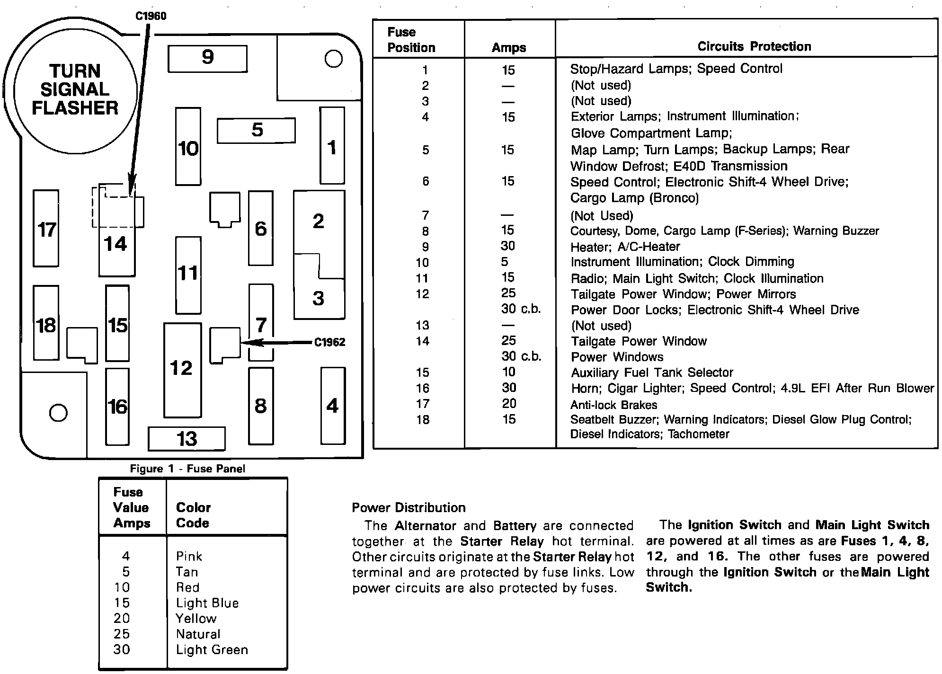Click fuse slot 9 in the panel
(207, 58)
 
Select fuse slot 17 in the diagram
(46, 229)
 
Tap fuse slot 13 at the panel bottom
(187, 439)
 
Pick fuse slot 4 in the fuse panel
(332, 406)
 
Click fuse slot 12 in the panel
(182, 369)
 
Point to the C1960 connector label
(151, 16)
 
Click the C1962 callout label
(329, 342)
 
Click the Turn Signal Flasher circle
(75, 90)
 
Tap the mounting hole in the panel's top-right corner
(334, 59)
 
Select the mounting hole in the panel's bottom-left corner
(58, 413)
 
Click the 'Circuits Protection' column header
(754, 46)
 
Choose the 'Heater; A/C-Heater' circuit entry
(625, 247)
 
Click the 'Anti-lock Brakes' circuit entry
(613, 405)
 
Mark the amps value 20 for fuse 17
(509, 404)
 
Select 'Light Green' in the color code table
(212, 650)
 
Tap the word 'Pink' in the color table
(189, 556)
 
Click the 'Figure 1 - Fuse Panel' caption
(187, 469)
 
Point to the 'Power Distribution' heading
(409, 508)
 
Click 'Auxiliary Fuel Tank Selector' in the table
(652, 372)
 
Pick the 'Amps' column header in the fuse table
(509, 47)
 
